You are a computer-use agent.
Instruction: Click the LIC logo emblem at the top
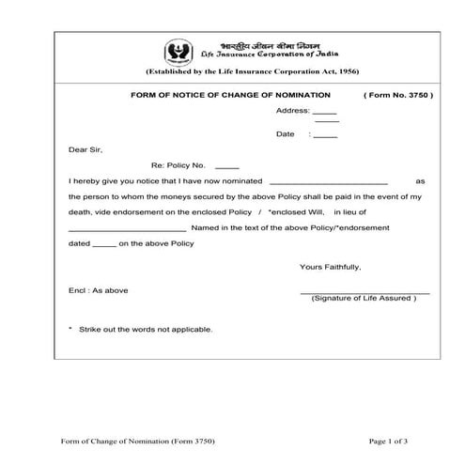(x=178, y=52)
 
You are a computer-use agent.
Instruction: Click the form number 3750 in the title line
(x=416, y=96)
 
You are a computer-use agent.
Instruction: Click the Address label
(x=292, y=111)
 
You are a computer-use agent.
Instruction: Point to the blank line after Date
(x=325, y=137)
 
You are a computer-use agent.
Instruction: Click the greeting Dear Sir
(x=85, y=149)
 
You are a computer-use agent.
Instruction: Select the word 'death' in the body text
(x=81, y=212)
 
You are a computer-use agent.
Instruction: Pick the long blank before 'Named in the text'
(x=128, y=230)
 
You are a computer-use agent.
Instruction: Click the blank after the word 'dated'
(x=103, y=245)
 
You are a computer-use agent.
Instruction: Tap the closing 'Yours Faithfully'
(x=330, y=267)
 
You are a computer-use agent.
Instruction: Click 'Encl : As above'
(x=99, y=290)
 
